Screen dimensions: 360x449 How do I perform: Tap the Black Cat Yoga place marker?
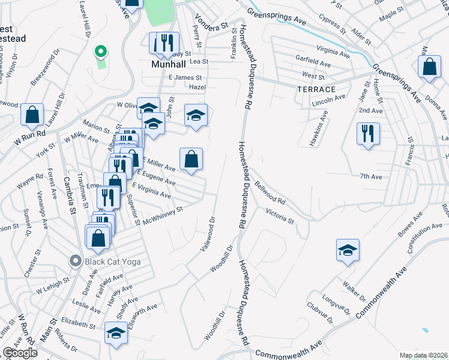[75, 261]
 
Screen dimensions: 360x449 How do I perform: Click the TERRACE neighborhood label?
[316, 89]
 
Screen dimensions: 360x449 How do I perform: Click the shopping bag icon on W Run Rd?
[32, 113]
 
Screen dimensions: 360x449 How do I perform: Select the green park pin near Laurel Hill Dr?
[101, 51]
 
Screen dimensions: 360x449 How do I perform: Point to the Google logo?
[20, 353]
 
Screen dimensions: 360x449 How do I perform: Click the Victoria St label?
[280, 216]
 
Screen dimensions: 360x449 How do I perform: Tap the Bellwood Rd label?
[270, 193]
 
